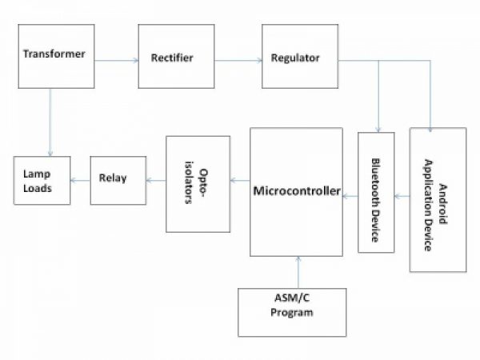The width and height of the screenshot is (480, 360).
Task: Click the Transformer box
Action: click(54, 56)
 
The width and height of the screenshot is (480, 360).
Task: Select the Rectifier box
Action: click(176, 57)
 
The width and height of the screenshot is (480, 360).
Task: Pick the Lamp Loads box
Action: click(41, 181)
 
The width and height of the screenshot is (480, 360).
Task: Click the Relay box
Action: click(118, 179)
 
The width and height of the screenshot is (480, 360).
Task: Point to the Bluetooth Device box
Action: click(375, 192)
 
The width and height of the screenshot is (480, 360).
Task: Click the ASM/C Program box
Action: click(292, 311)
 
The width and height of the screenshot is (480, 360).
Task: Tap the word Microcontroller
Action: click(297, 192)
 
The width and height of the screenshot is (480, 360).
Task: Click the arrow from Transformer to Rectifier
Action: click(116, 58)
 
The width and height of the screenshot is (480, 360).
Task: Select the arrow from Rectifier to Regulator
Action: click(238, 58)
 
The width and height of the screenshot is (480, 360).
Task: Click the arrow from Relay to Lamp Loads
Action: click(79, 180)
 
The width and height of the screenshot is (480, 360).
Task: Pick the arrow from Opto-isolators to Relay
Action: click(156, 180)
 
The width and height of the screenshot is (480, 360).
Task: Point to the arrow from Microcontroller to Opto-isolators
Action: click(240, 180)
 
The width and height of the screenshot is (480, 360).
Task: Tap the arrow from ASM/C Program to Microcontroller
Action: click(298, 272)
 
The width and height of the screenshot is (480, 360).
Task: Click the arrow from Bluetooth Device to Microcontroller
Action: click(350, 193)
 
